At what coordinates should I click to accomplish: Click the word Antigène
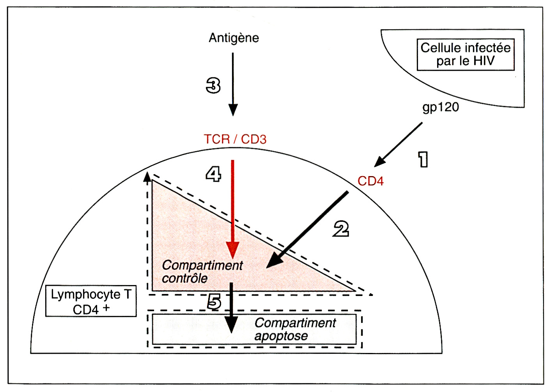coord(234,38)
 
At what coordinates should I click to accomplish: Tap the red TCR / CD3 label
coord(235,139)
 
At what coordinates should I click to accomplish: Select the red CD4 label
coord(370,181)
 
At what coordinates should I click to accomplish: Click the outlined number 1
coord(423,159)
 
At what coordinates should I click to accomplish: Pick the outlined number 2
coord(341,229)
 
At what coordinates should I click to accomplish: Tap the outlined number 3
coord(213,86)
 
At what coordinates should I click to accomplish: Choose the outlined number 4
coord(213,174)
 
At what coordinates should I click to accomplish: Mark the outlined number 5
coord(214,302)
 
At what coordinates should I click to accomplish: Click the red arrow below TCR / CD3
coord(232,209)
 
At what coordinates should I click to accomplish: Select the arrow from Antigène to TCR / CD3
coord(233,84)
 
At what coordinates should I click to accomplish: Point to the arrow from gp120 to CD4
coord(398,144)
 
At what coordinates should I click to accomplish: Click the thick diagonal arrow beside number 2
coord(307,230)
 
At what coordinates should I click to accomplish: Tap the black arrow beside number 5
coord(232,308)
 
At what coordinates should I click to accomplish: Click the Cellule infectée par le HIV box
coord(466,54)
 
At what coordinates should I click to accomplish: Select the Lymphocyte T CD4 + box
coord(91,301)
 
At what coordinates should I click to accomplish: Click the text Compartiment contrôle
coord(202,272)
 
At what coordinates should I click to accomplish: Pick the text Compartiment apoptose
coord(295,329)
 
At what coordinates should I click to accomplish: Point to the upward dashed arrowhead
coord(147,176)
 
